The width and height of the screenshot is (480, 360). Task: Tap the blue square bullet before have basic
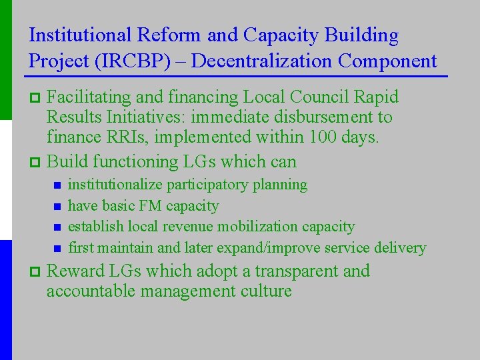[57, 207]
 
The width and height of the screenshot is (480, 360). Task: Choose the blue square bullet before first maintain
[57, 249]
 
